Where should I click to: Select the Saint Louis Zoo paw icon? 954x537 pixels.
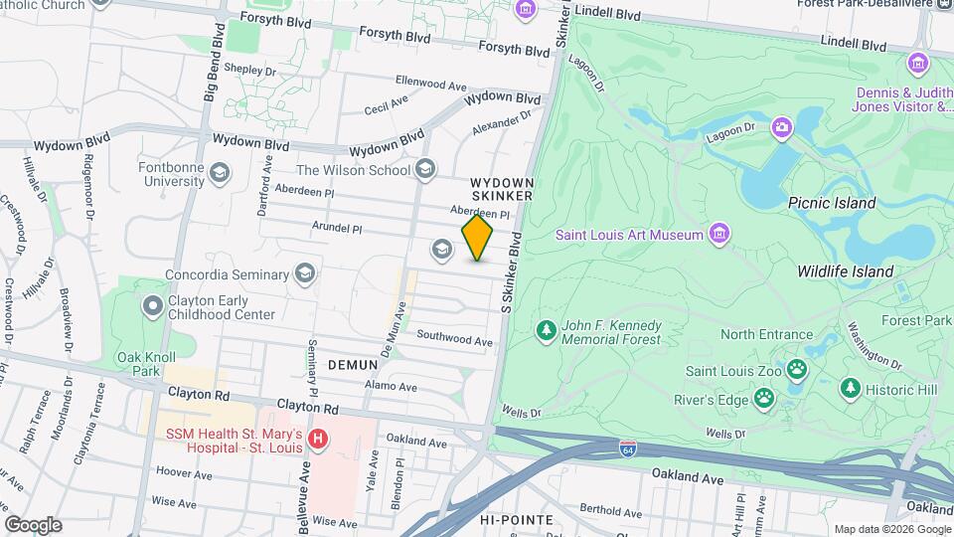tap(797, 370)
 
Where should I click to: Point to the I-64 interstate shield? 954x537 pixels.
tap(627, 448)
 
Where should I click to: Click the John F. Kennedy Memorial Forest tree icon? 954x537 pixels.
tap(545, 330)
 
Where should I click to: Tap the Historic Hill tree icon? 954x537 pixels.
tap(850, 389)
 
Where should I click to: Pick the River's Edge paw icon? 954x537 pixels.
tap(763, 400)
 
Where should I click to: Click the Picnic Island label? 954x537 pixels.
tap(832, 203)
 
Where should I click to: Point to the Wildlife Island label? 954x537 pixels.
tap(845, 271)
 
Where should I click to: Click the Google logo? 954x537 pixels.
tap(33, 524)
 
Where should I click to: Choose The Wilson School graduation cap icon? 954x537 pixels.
tap(425, 170)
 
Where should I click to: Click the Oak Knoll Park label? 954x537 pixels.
tap(139, 364)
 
